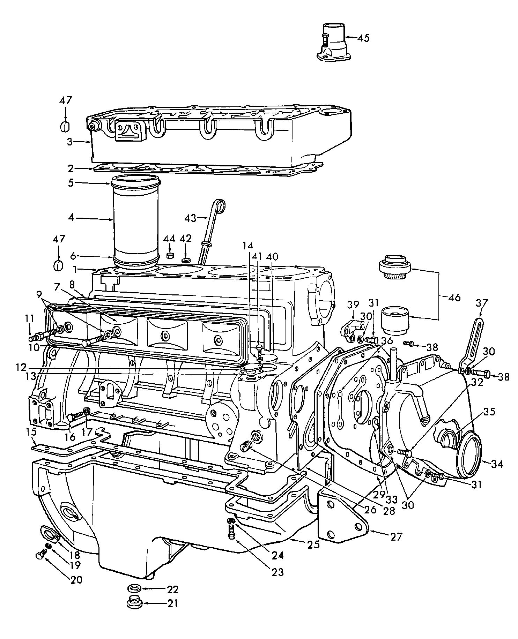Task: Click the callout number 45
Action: [x=363, y=38]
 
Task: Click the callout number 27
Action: [x=396, y=536]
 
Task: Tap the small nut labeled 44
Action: [x=170, y=256]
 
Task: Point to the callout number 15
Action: [x=31, y=432]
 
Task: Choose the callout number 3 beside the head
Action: [x=70, y=142]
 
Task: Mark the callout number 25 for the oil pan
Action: [x=314, y=544]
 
